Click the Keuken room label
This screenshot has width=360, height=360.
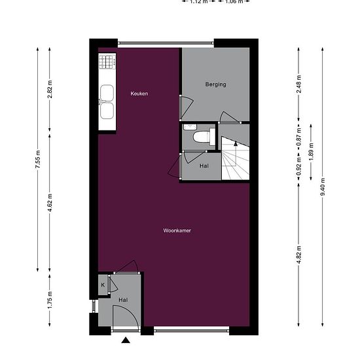(x=139, y=94)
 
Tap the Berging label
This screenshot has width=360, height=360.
(x=215, y=84)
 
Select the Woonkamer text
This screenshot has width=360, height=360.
(x=177, y=230)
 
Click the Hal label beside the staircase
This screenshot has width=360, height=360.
(x=204, y=166)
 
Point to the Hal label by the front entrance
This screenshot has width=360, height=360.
(x=123, y=300)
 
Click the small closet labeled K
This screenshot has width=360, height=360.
(x=103, y=285)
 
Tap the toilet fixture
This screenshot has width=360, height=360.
(x=203, y=135)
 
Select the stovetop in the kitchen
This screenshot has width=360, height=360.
(x=107, y=62)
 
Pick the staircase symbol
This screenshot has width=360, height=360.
(x=234, y=160)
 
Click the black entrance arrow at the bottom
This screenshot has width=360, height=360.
(x=125, y=340)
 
